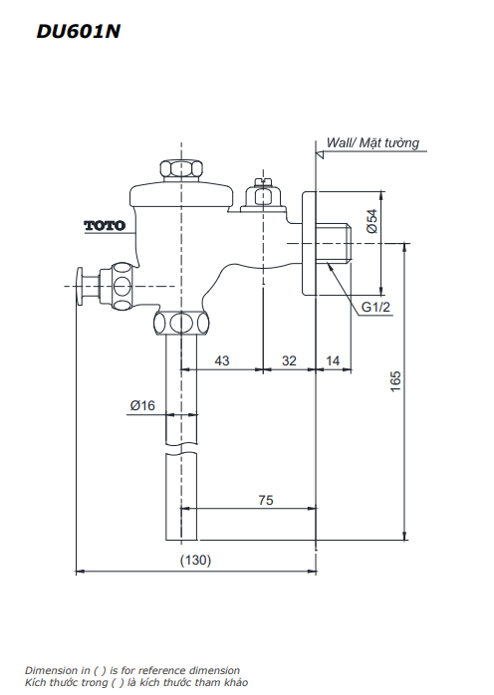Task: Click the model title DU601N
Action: (x=79, y=32)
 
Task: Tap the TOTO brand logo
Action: (x=104, y=226)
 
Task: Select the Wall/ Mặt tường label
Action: (x=373, y=143)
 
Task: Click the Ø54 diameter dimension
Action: (x=371, y=221)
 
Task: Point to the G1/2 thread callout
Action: (x=375, y=308)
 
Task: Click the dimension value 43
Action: (x=221, y=360)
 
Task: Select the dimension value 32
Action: (x=289, y=360)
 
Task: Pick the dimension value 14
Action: (x=333, y=360)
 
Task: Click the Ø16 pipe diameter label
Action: (x=142, y=405)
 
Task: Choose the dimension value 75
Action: (x=265, y=501)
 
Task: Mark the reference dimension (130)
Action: (x=195, y=561)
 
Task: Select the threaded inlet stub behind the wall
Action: (x=336, y=244)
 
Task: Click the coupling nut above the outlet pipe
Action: (x=181, y=324)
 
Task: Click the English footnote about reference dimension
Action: (x=132, y=671)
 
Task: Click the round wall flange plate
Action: (x=309, y=245)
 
